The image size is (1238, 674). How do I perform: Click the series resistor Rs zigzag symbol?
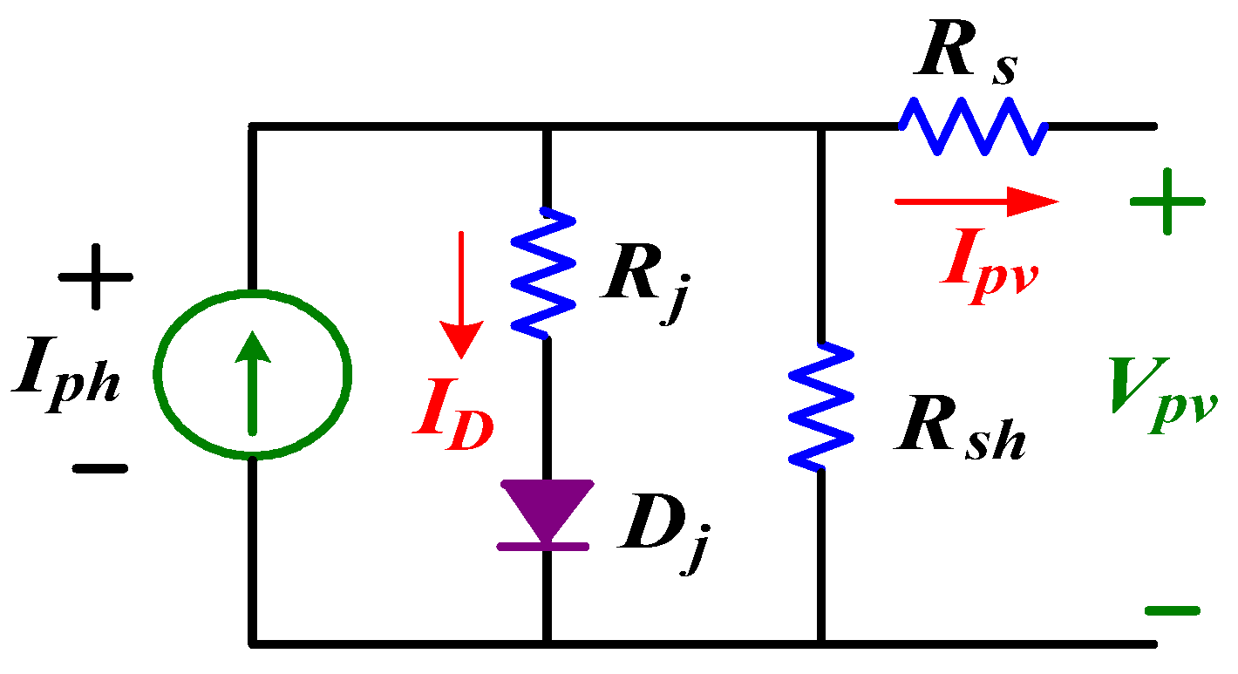(973, 126)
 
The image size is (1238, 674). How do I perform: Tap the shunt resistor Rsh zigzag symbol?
(820, 405)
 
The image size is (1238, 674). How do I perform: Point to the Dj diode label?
(661, 531)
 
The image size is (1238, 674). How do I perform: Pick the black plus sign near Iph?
(95, 278)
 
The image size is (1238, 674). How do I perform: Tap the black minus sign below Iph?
(100, 468)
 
